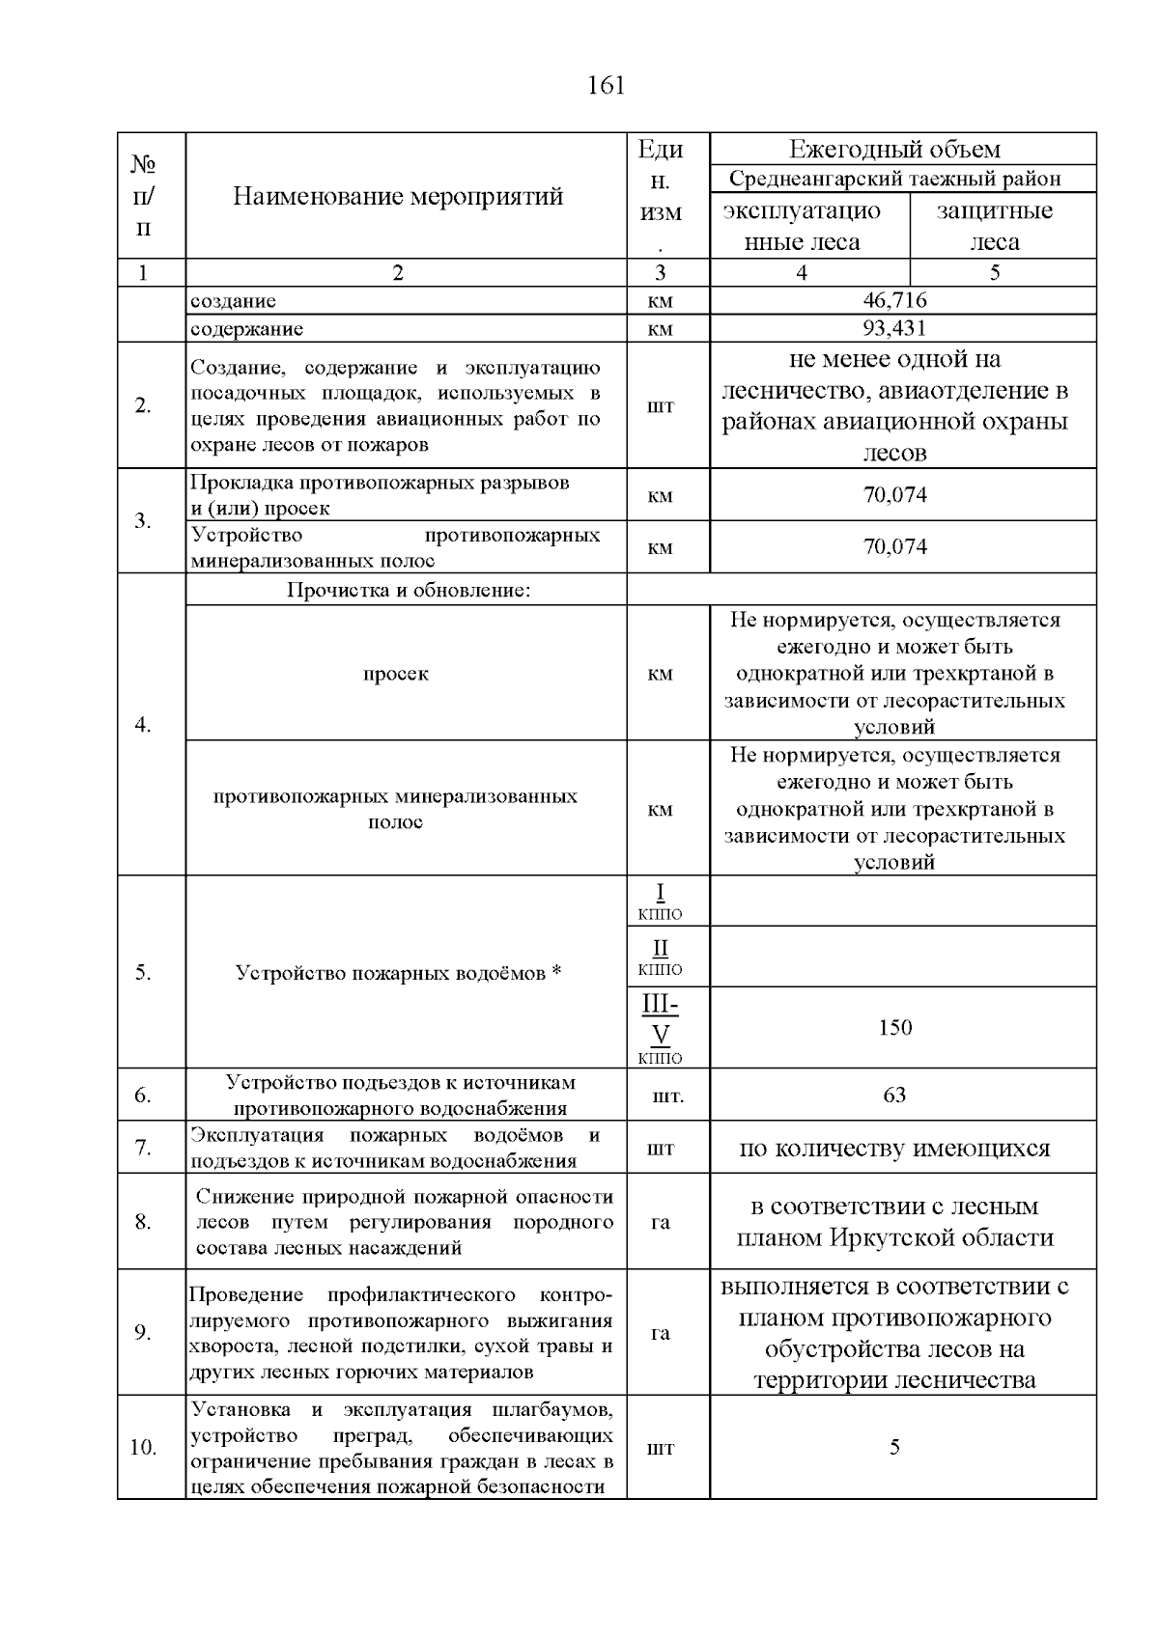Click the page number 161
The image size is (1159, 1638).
(x=606, y=86)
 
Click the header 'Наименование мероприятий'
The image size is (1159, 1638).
(x=398, y=197)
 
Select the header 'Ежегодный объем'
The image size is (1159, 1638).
(x=894, y=150)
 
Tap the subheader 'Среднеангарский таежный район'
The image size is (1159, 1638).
(x=894, y=179)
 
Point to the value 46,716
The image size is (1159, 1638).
(x=894, y=300)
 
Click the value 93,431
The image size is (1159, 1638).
(x=894, y=328)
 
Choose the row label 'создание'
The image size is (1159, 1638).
(x=233, y=301)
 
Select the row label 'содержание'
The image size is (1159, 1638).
(x=246, y=329)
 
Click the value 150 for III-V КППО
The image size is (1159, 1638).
(x=894, y=1027)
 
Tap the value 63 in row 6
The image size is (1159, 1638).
(x=894, y=1095)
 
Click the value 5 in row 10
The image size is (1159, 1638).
(x=894, y=1447)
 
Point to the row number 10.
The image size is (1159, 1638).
(x=143, y=1448)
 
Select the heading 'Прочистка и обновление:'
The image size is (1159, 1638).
(x=409, y=590)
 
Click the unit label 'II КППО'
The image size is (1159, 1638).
(x=661, y=957)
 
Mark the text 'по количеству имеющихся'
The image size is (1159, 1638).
(x=894, y=1149)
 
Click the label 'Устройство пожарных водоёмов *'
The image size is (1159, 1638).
(x=398, y=973)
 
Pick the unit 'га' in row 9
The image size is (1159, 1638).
(x=661, y=1333)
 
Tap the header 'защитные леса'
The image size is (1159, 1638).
(x=995, y=226)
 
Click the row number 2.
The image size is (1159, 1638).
(x=143, y=405)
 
